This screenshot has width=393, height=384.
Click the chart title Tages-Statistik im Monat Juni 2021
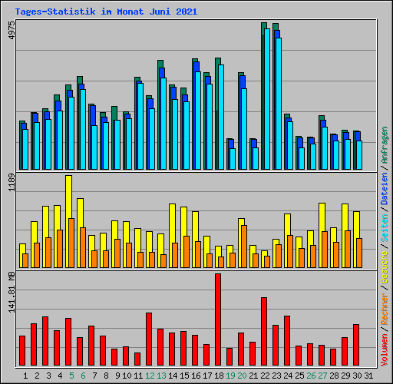click(106, 12)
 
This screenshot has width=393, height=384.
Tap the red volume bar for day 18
click(218, 319)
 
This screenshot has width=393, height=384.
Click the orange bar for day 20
click(244, 247)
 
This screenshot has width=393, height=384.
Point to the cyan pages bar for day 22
click(267, 99)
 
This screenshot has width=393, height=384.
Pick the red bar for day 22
click(264, 331)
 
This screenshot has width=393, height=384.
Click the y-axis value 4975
click(12, 30)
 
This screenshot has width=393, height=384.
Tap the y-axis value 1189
click(12, 183)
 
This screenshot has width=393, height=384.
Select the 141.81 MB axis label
click(12, 292)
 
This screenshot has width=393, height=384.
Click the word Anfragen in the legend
click(385, 145)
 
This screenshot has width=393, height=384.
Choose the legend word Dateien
click(385, 189)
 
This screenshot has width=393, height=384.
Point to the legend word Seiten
click(385, 228)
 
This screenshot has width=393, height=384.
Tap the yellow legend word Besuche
click(385, 267)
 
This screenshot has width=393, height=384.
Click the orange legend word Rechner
click(385, 309)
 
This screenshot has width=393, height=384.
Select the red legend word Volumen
click(385, 349)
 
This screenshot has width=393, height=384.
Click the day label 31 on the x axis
click(368, 376)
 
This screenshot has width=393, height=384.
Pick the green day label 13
click(161, 376)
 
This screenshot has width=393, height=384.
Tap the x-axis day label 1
click(25, 376)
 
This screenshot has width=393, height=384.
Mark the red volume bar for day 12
click(149, 339)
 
